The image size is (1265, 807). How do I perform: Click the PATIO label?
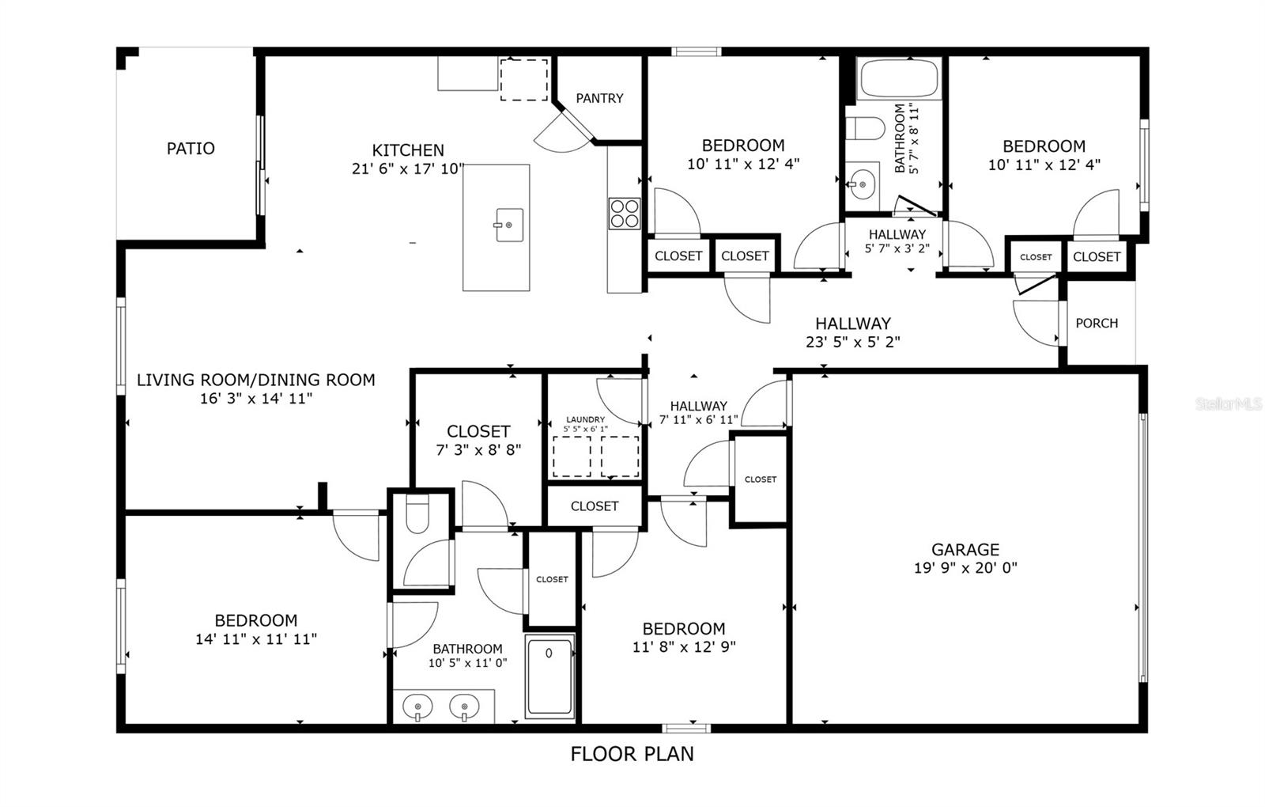(x=191, y=149)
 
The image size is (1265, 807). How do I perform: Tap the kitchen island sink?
(x=509, y=225)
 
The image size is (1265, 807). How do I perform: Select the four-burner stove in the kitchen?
(x=624, y=214)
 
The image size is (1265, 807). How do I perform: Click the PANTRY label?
(x=599, y=98)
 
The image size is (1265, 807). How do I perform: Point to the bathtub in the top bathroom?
(x=898, y=78)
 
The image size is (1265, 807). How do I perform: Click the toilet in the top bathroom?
(x=865, y=128)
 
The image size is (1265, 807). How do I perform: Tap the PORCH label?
(x=1096, y=324)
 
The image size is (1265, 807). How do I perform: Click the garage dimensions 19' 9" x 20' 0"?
(x=965, y=567)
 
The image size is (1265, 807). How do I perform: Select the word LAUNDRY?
(x=585, y=419)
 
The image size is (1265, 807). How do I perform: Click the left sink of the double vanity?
(x=417, y=707)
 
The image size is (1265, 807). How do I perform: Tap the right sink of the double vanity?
(x=464, y=707)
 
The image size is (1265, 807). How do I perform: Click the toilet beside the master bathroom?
(x=417, y=514)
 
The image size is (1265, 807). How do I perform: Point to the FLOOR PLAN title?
(x=632, y=754)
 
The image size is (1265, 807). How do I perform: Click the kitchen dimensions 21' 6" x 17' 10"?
(x=408, y=169)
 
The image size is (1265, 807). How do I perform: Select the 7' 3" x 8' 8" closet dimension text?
(x=478, y=450)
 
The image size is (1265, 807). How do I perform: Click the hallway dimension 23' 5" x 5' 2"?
(x=853, y=341)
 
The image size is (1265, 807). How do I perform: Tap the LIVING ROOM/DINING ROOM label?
(x=256, y=380)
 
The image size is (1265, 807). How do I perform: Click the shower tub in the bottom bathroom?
(x=549, y=676)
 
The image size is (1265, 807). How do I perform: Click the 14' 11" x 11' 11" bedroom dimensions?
(x=256, y=638)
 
